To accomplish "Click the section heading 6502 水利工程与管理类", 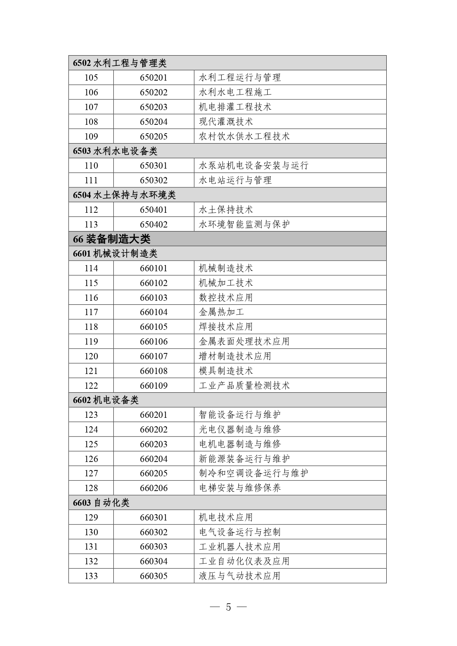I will pos(120,63).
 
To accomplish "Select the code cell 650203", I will pos(154,107).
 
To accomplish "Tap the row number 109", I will pos(91,137).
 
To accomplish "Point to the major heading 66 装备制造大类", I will pos(112,239).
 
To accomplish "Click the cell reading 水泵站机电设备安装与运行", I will pos(253,166).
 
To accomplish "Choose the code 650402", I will pos(154,225).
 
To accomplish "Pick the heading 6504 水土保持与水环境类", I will pos(124,195).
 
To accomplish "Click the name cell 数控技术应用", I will pos(226,297).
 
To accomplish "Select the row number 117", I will pos(91,312).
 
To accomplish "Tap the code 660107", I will pos(154,356).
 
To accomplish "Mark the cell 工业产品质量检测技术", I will pos(244,385).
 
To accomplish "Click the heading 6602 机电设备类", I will pos(106,400).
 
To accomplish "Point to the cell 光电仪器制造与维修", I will pos(240,430).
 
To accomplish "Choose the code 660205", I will pos(154,473).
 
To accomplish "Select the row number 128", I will pos(91,488).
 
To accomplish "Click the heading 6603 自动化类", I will pos(101,503).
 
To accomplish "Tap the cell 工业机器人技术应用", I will pos(240,547).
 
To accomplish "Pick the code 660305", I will pos(154,576).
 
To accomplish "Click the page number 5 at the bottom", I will pos(228,607).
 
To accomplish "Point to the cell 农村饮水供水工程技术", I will pos(244,137).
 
